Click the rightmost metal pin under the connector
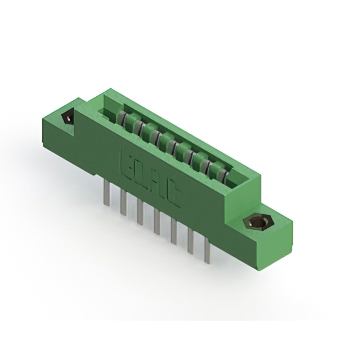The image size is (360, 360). pyautogui.click(x=207, y=250)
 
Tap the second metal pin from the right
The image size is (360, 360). pyautogui.click(x=191, y=241)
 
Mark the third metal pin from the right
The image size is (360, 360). pyautogui.click(x=174, y=231)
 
